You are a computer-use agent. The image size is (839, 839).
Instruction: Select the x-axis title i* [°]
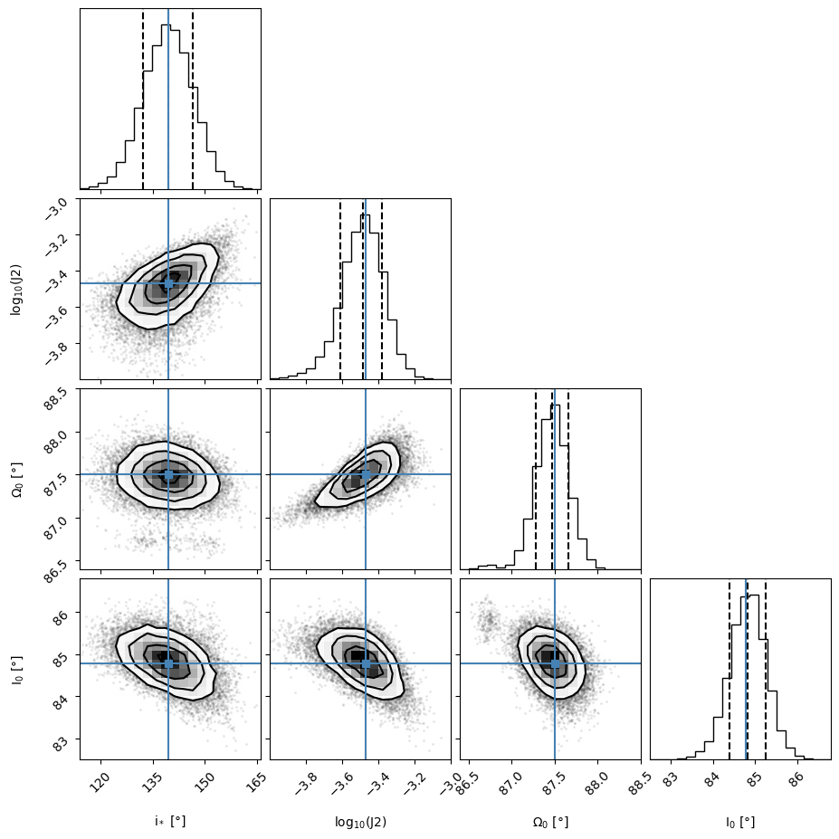[x=170, y=822]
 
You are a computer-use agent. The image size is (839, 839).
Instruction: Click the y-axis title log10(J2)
[x=15, y=290]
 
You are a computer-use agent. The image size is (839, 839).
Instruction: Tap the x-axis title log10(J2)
[x=360, y=822]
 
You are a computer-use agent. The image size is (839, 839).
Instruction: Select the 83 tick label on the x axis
[x=671, y=776]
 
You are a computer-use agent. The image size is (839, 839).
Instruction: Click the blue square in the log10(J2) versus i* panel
[x=168, y=283]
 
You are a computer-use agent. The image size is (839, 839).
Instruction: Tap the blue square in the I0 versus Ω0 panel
[x=555, y=663]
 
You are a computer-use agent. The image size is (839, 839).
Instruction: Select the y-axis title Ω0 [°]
[x=15, y=480]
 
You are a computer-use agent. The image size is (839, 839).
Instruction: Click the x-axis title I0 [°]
[x=740, y=822]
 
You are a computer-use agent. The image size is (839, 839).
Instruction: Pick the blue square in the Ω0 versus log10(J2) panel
[x=366, y=474]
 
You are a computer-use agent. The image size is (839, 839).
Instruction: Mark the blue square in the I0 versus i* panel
[x=168, y=663]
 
